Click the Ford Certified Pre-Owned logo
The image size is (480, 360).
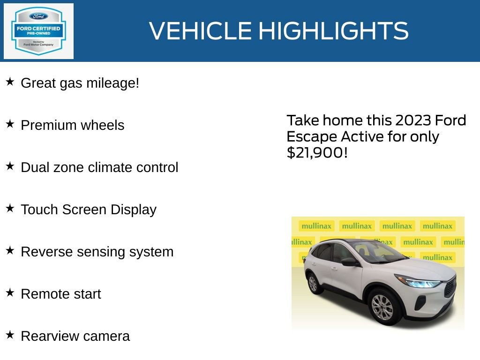(x=38, y=31)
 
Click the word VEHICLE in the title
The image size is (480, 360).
(x=201, y=31)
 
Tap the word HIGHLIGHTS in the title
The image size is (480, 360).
(x=333, y=31)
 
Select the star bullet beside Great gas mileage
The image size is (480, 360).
(x=10, y=82)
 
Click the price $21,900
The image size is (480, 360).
(x=317, y=153)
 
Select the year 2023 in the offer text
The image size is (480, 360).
(x=413, y=120)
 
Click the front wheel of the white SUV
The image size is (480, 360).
(x=382, y=307)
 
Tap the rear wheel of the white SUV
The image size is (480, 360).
(x=313, y=283)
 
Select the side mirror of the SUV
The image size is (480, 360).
(x=350, y=261)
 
